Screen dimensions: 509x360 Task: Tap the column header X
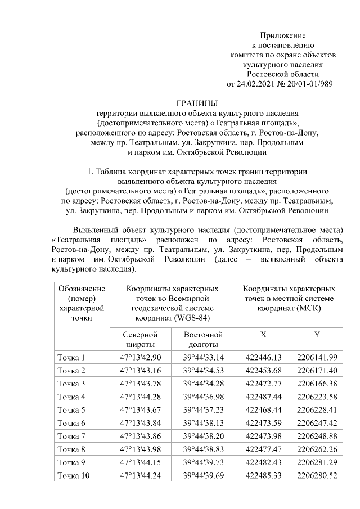tap(263, 335)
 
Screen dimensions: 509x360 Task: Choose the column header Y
tap(317, 335)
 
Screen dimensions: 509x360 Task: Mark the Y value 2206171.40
tap(317, 371)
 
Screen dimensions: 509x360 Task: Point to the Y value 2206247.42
tap(317, 422)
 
